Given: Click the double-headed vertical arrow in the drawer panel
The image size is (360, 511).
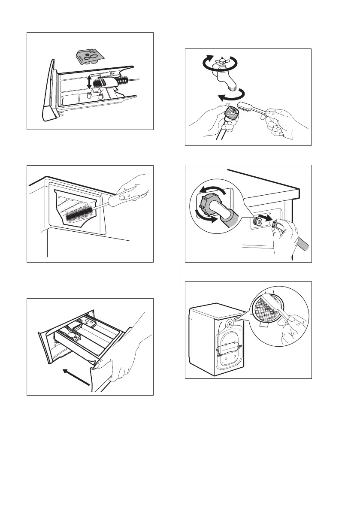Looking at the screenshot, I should [x=88, y=82].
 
